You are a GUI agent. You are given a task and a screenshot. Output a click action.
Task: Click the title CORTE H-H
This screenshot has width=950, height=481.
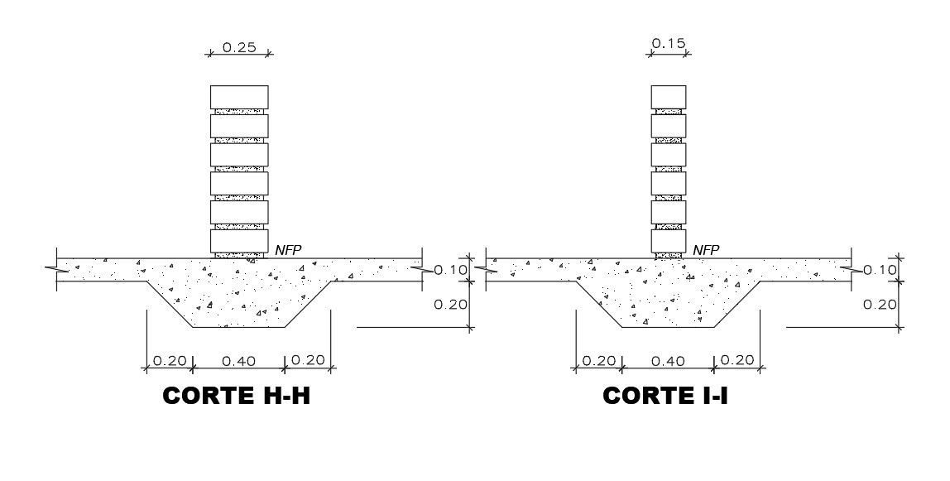(x=237, y=396)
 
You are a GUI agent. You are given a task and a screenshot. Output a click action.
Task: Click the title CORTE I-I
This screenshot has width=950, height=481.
(x=665, y=396)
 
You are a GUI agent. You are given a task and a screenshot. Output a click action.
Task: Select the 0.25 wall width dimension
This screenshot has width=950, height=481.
(x=239, y=47)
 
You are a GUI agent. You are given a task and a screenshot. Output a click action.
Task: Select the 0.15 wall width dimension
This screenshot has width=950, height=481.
(x=669, y=44)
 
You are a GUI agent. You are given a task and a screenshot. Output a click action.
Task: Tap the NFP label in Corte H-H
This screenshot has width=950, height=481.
(x=288, y=250)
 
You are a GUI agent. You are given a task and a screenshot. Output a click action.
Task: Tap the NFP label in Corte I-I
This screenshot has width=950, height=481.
(x=706, y=250)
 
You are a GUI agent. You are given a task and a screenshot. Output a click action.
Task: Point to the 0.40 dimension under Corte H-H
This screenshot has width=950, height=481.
(x=239, y=360)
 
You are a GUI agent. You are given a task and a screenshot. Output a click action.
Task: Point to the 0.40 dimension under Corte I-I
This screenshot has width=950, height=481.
(x=668, y=360)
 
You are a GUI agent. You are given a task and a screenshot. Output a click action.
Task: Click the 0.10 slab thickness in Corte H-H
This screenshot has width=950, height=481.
(x=451, y=270)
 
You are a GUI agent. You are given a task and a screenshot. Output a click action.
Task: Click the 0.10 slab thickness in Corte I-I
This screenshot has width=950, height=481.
(x=880, y=270)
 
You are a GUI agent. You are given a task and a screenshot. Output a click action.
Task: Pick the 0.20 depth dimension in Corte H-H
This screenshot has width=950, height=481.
(x=451, y=304)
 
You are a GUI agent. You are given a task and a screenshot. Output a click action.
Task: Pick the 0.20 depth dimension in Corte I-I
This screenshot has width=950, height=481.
(x=880, y=304)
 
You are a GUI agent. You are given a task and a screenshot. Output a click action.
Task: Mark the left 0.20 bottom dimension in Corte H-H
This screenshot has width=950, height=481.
(x=169, y=360)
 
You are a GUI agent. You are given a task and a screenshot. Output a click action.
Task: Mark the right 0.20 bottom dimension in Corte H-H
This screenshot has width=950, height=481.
(x=308, y=360)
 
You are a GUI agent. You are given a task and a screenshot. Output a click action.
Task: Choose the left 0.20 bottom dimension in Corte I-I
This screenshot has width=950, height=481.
(x=597, y=360)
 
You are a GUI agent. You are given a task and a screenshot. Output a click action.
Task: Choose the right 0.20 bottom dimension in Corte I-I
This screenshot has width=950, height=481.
(x=736, y=360)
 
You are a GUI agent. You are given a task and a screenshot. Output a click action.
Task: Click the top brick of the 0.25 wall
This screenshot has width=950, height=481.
(x=239, y=97)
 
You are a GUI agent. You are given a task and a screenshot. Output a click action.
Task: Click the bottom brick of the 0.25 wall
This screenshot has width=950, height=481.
(x=239, y=241)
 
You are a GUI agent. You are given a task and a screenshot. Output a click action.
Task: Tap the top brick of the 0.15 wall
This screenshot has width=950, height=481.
(x=669, y=97)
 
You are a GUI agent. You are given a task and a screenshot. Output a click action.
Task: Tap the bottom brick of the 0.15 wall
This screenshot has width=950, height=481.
(x=669, y=241)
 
